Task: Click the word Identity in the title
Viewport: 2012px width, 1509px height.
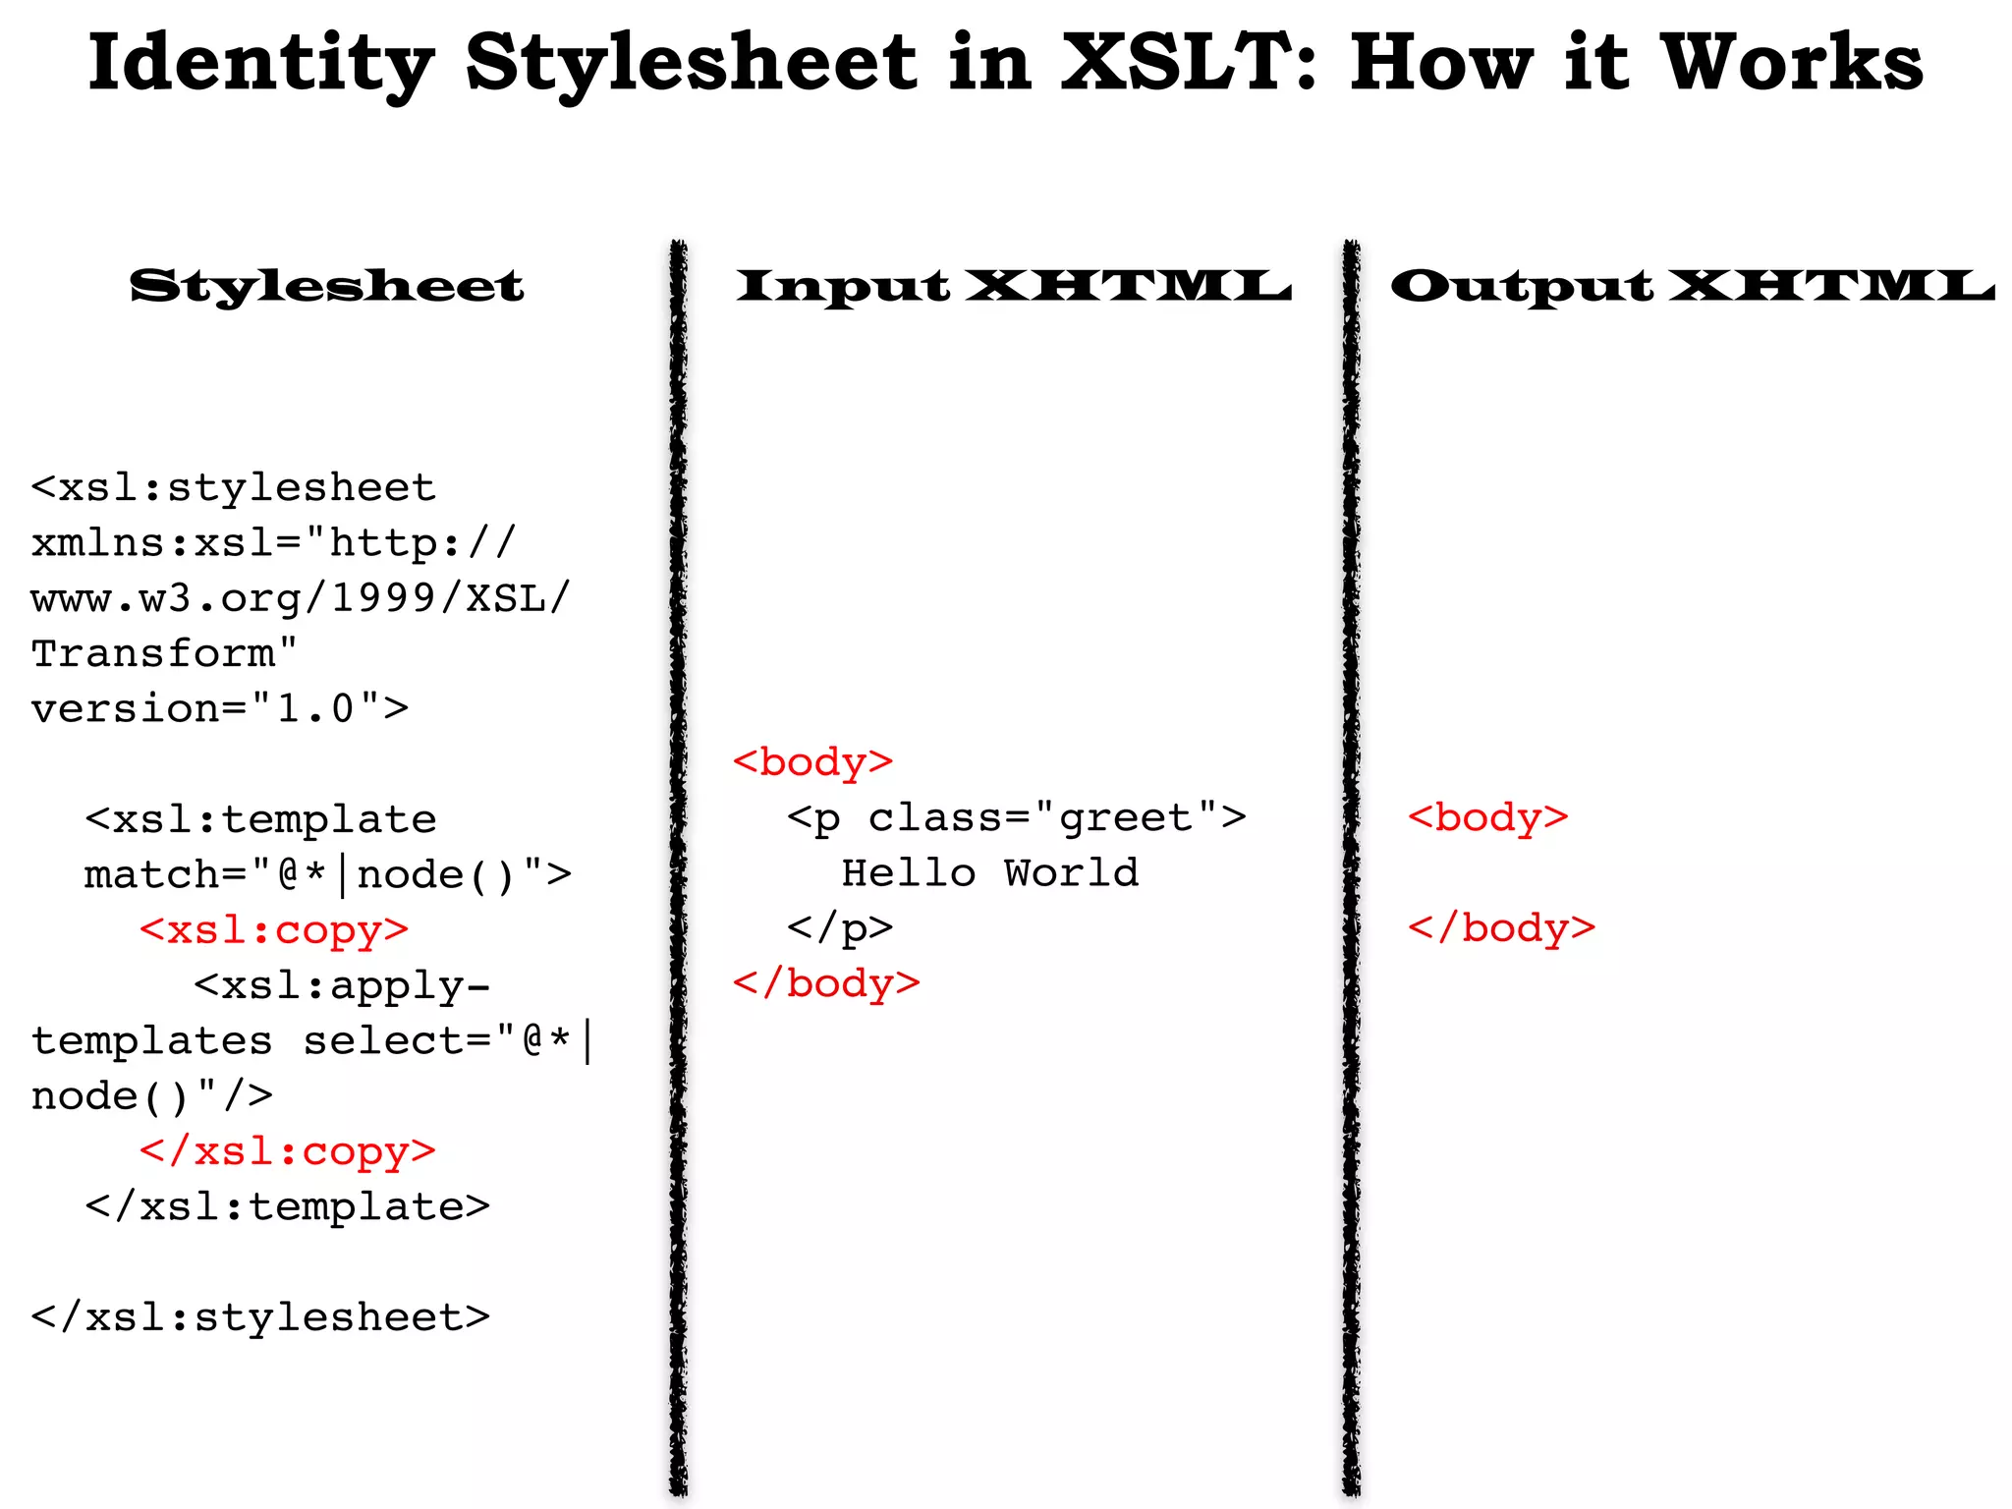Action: [260, 64]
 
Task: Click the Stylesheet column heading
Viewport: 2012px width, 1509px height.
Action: [326, 286]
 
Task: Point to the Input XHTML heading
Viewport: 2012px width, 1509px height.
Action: [1014, 286]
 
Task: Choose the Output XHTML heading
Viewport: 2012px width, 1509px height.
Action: [1692, 286]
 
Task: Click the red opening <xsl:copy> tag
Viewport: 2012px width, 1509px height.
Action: [274, 929]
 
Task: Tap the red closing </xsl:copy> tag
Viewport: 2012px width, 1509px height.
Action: [287, 1150]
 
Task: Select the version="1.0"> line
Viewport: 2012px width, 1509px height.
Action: [220, 708]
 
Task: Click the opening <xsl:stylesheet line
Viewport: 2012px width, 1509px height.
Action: [233, 487]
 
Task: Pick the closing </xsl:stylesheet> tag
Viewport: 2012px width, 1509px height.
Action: [260, 1316]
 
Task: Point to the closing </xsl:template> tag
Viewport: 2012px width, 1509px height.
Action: [287, 1205]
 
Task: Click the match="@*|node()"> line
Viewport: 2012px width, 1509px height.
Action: [327, 874]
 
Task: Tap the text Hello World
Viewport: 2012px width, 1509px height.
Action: [990, 872]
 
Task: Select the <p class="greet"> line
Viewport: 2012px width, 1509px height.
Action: [1016, 817]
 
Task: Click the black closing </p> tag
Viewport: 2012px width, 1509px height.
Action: [840, 927]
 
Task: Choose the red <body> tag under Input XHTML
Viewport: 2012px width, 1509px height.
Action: [812, 762]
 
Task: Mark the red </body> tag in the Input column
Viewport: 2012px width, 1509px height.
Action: [826, 982]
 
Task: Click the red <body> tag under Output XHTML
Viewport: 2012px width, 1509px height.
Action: [1487, 817]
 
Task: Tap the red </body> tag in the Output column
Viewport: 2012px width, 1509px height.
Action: [1501, 927]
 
